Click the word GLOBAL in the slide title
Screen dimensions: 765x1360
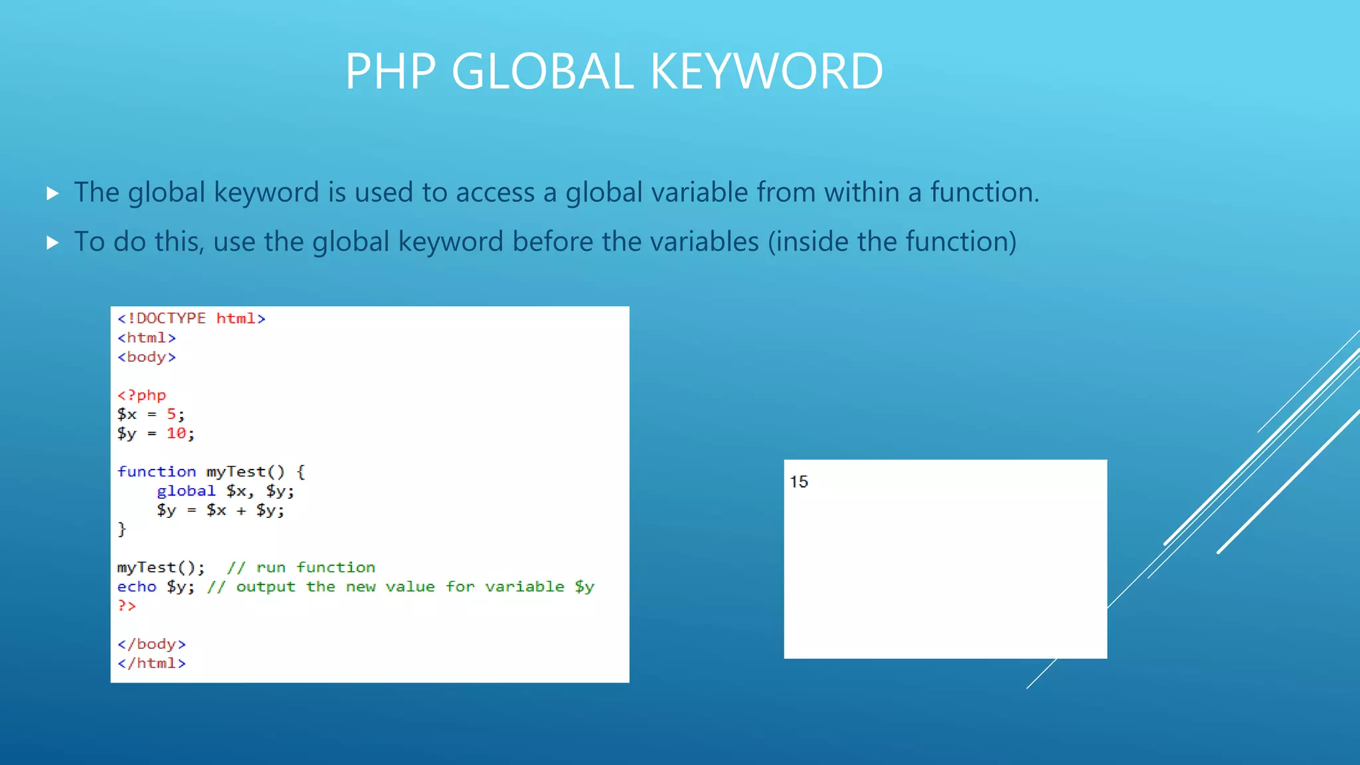point(542,71)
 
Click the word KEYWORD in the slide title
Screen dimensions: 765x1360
point(766,71)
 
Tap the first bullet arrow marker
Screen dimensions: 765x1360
point(53,193)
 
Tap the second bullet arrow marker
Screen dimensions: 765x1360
point(53,242)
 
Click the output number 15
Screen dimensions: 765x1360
point(799,481)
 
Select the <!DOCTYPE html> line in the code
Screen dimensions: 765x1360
point(191,319)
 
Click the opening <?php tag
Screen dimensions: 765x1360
point(141,395)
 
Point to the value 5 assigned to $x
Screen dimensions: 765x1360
point(172,414)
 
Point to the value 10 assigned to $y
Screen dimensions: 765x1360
point(176,434)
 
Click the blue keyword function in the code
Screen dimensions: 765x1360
point(157,471)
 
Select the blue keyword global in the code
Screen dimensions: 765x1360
point(186,491)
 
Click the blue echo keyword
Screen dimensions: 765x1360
point(137,586)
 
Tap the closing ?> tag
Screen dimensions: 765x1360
point(126,606)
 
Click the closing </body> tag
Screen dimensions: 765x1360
point(151,644)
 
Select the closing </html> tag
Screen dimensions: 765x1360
point(151,663)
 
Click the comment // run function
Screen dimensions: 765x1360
point(301,568)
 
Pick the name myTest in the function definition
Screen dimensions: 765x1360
point(236,471)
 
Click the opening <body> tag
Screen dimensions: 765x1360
point(147,357)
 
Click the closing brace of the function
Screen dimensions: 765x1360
point(122,529)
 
